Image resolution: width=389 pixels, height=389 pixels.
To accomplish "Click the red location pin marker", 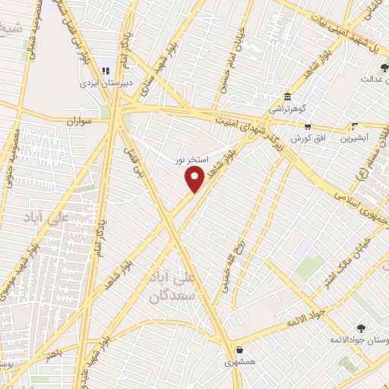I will (x=195, y=179).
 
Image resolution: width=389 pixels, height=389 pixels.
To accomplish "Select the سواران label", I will (x=78, y=121).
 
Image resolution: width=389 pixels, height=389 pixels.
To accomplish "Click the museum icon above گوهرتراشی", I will (x=287, y=97).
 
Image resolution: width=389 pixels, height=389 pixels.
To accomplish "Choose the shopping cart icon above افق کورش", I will (x=308, y=128).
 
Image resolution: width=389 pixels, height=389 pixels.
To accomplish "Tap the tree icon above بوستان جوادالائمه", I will (x=361, y=329).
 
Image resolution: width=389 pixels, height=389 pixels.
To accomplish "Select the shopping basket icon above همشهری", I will (x=240, y=351).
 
